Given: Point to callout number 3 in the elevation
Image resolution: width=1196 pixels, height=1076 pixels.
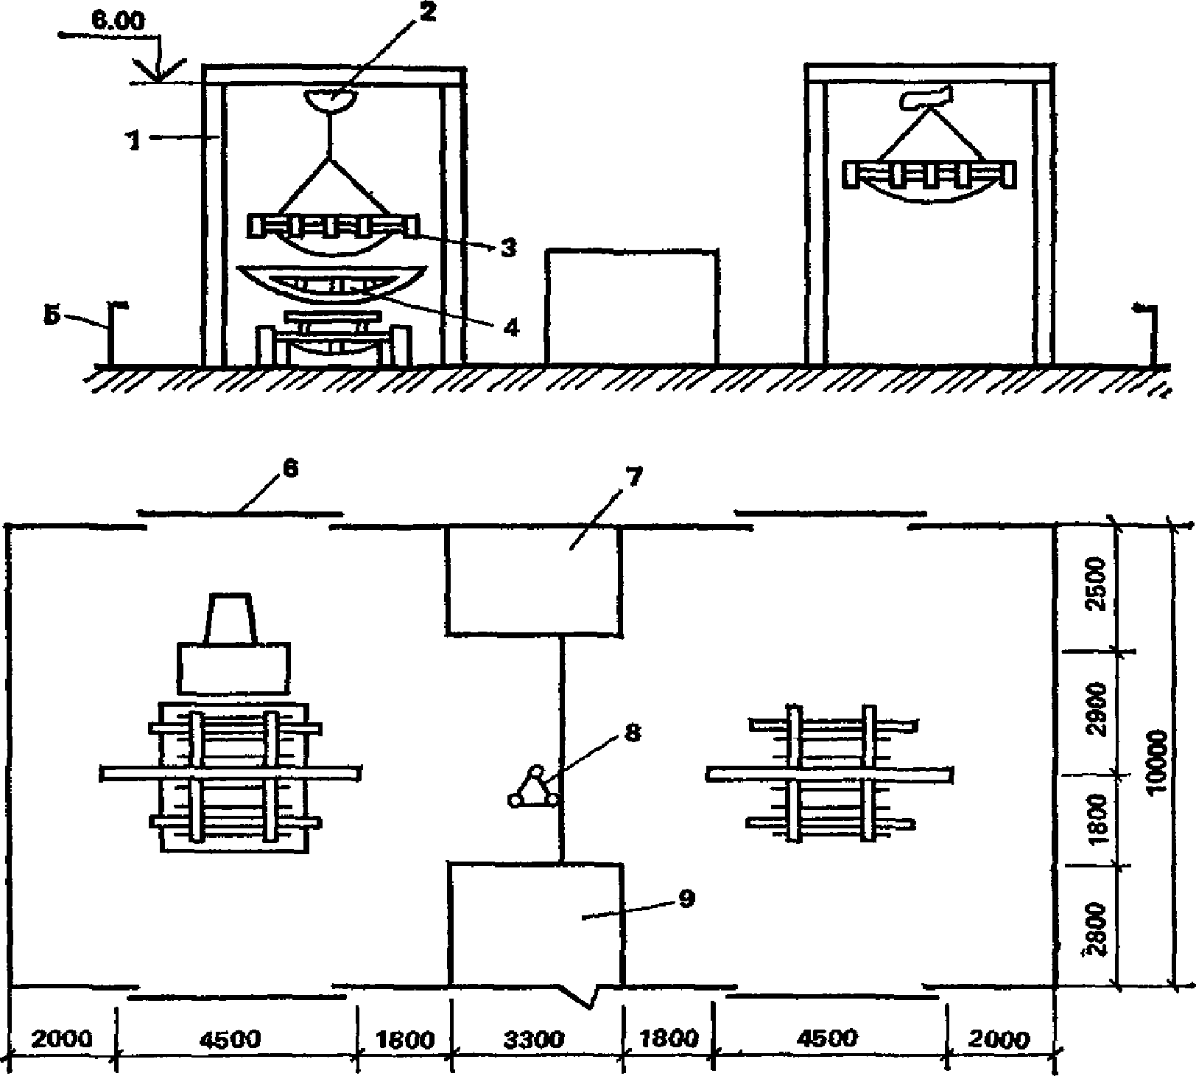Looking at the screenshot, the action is click(x=507, y=248).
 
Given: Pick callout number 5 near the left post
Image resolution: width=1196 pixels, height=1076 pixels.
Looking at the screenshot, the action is click(x=51, y=315).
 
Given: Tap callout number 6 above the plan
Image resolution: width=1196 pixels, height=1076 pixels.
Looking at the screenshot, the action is click(x=291, y=469).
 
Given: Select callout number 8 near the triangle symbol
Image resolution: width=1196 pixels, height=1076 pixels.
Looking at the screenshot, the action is click(x=632, y=734).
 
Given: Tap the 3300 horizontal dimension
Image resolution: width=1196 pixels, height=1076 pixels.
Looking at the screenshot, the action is click(x=535, y=1039).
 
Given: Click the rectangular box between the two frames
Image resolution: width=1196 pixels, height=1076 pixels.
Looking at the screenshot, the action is click(x=632, y=307).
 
